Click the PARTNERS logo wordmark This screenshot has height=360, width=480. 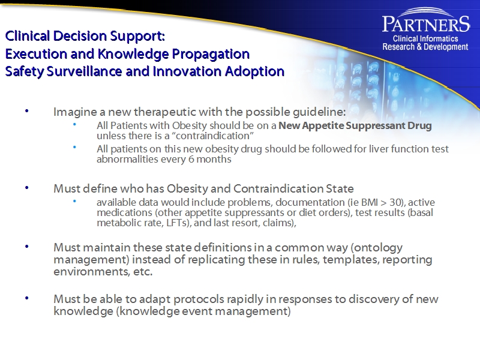(425, 25)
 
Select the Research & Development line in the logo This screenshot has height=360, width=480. (425, 47)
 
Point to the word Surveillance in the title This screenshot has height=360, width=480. (83, 72)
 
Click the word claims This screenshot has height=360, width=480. (280, 223)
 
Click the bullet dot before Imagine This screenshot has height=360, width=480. (26, 112)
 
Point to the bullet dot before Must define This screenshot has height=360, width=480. (26, 188)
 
